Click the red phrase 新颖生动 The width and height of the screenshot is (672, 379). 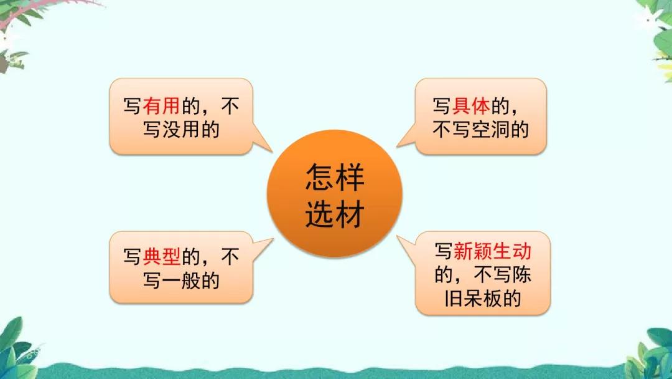click(493, 251)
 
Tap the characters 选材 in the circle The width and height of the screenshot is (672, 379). click(334, 215)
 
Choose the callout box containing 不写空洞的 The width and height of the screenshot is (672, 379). click(480, 117)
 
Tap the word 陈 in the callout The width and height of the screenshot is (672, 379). click(521, 275)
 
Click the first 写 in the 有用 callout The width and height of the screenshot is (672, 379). click(132, 107)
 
